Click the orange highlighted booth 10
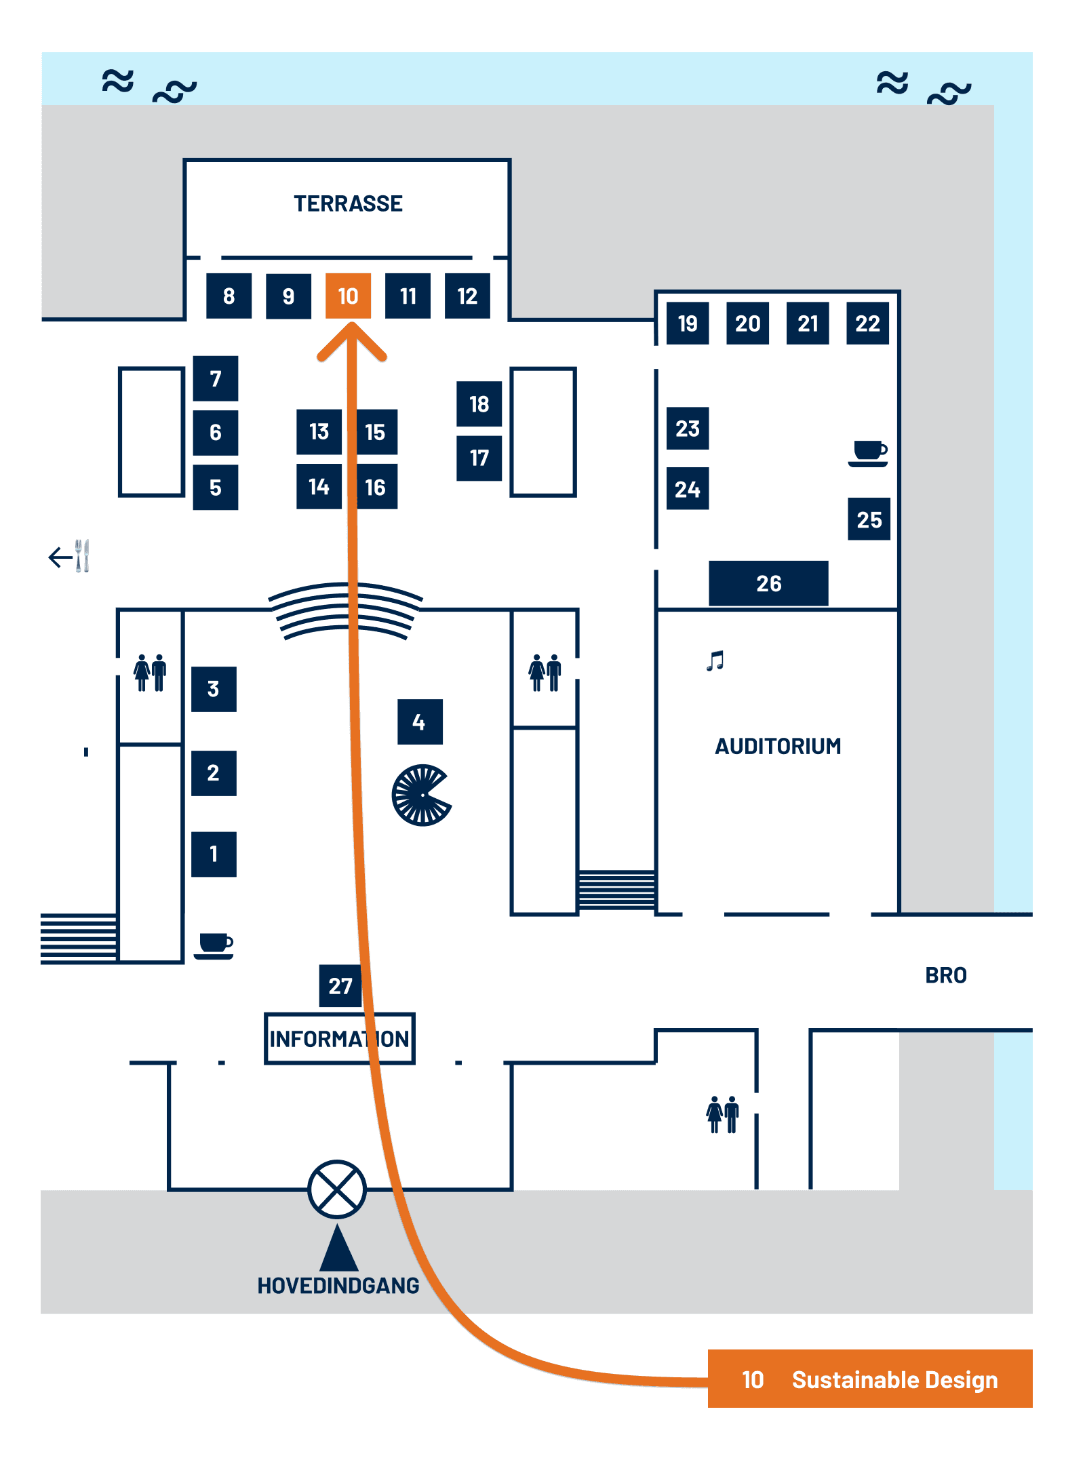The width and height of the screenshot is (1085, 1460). (348, 296)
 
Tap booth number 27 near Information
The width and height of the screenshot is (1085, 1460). (340, 985)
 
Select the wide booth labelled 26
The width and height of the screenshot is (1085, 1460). (768, 583)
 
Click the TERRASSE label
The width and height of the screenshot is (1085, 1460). (348, 203)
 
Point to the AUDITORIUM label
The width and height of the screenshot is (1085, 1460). (778, 746)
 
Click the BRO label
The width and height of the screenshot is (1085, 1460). (946, 975)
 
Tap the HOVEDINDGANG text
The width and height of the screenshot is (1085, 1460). (338, 1285)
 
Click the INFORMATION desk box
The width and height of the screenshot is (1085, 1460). (339, 1038)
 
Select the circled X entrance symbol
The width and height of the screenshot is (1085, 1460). (337, 1189)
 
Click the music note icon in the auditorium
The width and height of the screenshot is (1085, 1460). (715, 660)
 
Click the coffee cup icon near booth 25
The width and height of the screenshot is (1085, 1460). (868, 452)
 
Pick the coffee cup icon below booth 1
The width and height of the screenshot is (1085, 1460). (214, 945)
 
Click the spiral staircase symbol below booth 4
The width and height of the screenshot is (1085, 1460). (421, 795)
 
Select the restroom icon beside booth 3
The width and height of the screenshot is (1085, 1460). (150, 673)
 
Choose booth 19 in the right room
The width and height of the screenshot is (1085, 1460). (688, 323)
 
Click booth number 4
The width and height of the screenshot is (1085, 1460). (420, 722)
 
